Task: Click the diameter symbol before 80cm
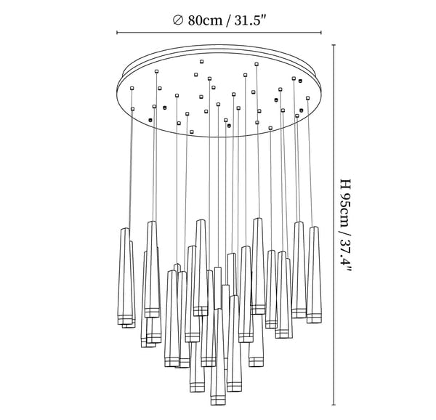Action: click(179, 20)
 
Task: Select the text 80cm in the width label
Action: click(204, 20)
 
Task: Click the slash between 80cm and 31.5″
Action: click(228, 20)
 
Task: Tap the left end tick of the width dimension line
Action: click(118, 33)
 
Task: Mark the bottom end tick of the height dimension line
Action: click(334, 405)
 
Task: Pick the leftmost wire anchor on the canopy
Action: click(132, 89)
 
